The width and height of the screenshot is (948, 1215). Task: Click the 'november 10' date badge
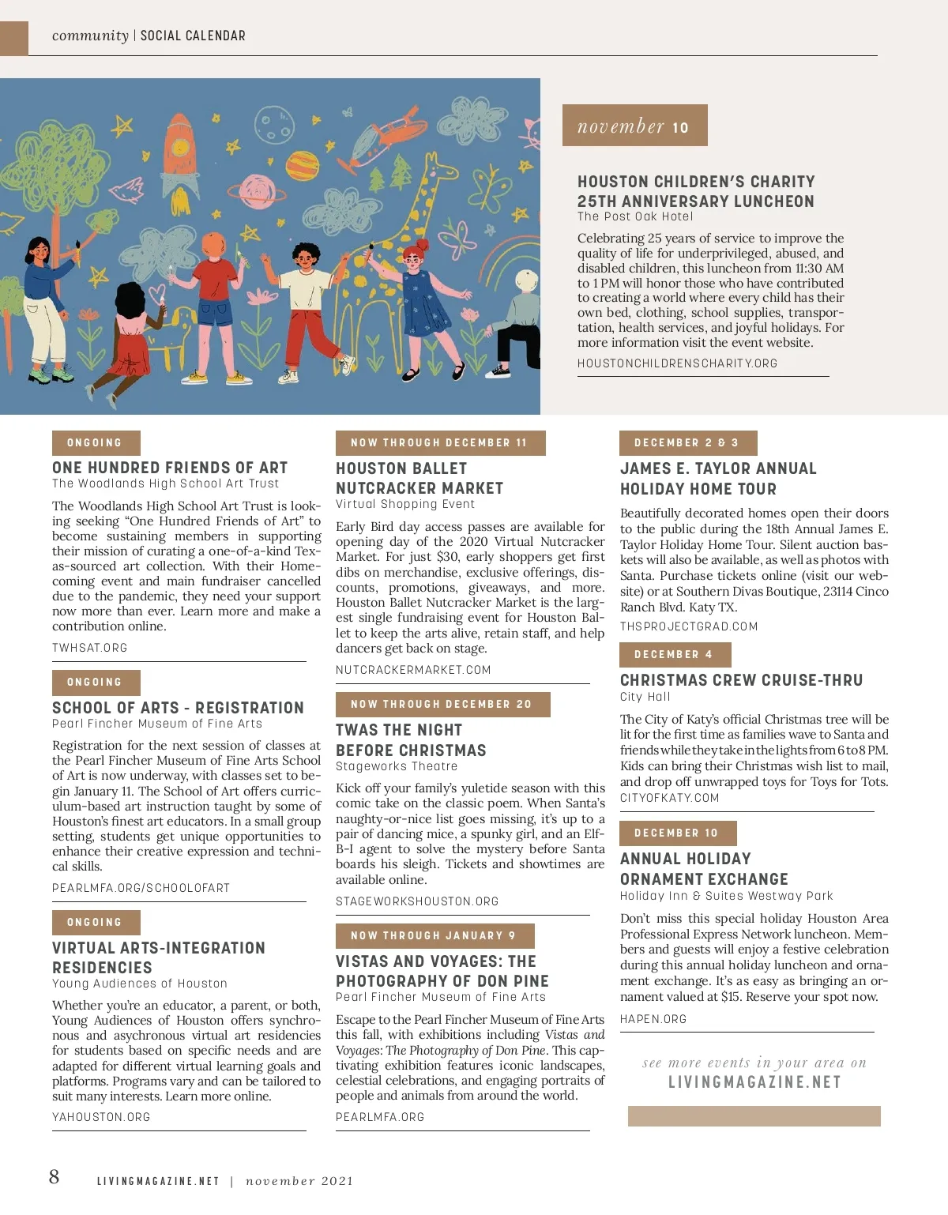pos(634,126)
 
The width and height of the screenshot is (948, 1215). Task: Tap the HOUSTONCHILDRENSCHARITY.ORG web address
pos(677,363)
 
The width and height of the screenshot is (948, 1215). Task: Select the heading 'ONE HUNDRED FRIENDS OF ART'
pos(170,468)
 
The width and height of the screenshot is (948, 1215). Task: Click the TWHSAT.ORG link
pos(89,648)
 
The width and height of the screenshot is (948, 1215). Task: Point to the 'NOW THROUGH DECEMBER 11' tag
pos(439,443)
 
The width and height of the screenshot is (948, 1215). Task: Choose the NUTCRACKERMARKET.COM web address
pos(413,670)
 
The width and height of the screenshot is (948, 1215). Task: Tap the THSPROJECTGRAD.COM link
pos(689,626)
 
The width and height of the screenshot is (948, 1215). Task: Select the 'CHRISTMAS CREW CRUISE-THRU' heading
pos(741,680)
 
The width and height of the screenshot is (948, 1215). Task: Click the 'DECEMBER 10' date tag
pos(677,833)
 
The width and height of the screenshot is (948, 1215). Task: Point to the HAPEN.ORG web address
pos(653,1019)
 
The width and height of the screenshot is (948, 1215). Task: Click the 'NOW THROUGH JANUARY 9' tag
pos(434,936)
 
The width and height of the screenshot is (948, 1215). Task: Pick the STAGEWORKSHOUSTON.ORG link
pos(417,901)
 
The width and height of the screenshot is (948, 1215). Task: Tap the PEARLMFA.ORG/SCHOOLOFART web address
pos(141,888)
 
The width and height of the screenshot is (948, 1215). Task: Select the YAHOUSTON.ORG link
pos(101,1117)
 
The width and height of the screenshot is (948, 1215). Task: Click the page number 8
pos(54,1177)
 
